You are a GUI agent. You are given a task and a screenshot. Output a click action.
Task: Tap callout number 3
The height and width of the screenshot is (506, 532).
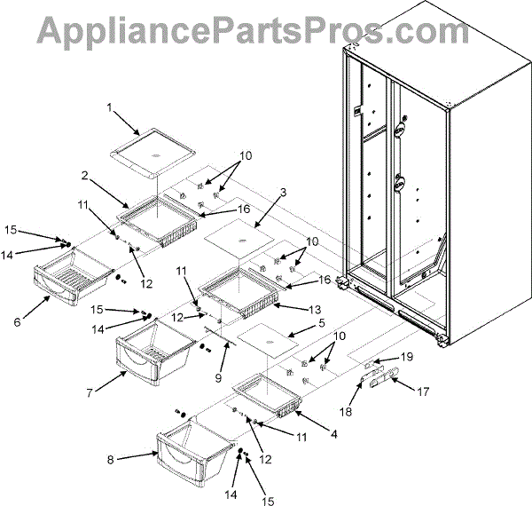coord(283,192)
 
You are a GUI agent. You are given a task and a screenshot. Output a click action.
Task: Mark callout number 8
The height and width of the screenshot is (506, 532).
coord(111,459)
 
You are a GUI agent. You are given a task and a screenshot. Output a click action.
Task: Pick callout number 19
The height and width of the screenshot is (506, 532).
coord(432,356)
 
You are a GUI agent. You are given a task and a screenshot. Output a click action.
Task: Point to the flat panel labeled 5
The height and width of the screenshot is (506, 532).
coord(276,343)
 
